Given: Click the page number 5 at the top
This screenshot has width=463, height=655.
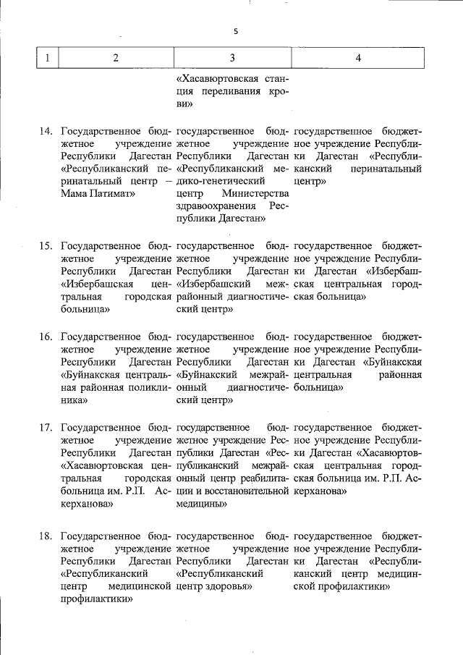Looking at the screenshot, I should point(235,30).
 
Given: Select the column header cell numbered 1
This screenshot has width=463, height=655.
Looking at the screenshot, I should point(47,59).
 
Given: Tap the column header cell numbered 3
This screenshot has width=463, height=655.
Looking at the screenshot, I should point(231,59).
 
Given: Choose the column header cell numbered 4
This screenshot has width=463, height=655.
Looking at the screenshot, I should point(358,59).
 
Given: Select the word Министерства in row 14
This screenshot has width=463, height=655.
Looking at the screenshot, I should point(255,194).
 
